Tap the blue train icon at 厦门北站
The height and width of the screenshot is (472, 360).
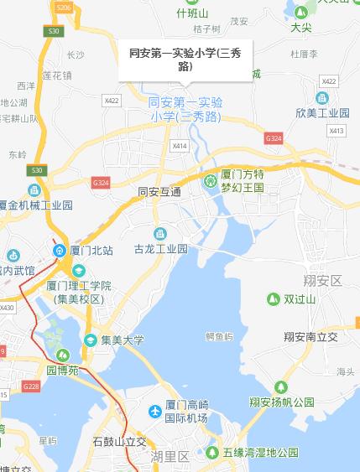[x=60, y=250]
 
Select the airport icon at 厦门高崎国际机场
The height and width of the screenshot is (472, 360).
[x=154, y=411]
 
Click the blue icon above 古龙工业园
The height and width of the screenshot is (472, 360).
[x=159, y=233]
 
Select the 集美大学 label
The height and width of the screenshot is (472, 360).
[x=123, y=340]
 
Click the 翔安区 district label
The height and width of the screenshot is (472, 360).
[x=324, y=280]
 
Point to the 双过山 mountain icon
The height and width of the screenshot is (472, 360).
[x=273, y=299]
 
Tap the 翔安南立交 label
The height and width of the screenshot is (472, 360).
[x=310, y=336]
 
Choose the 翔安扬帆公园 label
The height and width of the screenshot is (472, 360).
[x=281, y=402]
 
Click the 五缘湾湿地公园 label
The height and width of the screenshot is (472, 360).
[x=261, y=453]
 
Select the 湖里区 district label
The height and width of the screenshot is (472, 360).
[x=171, y=456]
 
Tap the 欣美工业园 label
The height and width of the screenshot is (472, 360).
[x=321, y=112]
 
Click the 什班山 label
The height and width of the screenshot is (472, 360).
[x=191, y=13]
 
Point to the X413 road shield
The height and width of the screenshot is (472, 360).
[x=337, y=131]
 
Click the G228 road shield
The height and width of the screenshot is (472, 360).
[x=31, y=386]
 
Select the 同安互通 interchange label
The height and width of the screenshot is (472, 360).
[x=159, y=192]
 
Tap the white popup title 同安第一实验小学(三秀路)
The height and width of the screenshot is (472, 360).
[x=185, y=60]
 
